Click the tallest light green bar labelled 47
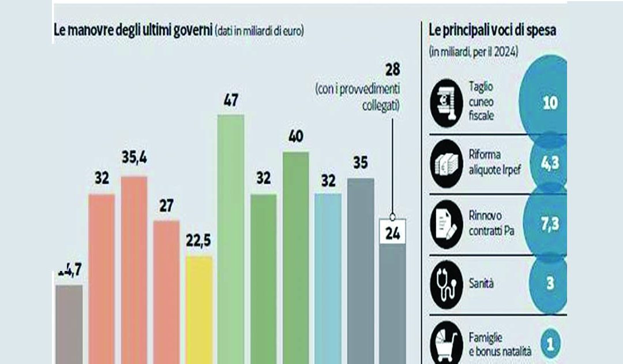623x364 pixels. tap(230, 237)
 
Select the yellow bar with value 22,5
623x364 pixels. tap(198, 309)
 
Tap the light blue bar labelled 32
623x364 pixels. tap(328, 277)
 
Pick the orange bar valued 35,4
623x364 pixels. tap(134, 269)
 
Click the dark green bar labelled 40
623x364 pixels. tap(295, 257)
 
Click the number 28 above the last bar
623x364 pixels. tap(392, 72)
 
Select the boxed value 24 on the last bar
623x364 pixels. tap(392, 235)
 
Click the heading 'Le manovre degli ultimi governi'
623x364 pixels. tap(132, 31)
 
